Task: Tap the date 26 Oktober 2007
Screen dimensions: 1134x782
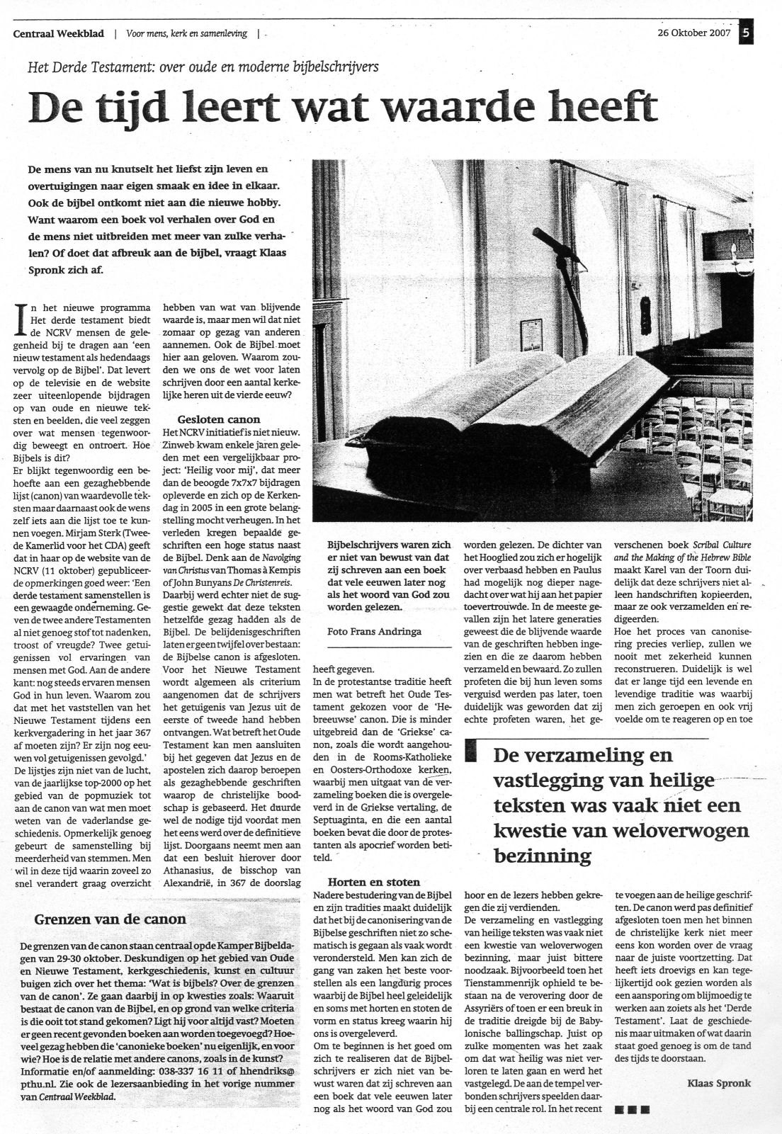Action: pos(693,33)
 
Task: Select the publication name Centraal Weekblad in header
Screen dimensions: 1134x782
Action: pos(59,33)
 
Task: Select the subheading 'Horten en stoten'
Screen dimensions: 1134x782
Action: pos(373,882)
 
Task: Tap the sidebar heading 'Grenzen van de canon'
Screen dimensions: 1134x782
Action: pos(110,920)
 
